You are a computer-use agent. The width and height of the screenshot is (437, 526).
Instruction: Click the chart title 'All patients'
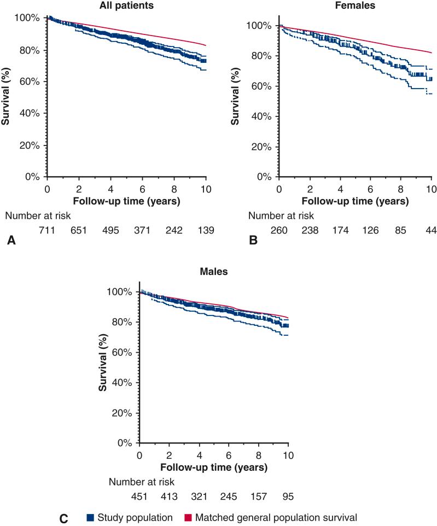tap(127, 6)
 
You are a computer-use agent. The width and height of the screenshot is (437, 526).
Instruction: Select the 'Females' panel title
tap(356, 6)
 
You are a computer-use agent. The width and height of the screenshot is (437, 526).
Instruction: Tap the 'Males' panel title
tap(214, 270)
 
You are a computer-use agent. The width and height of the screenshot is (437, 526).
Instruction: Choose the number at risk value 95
tap(288, 496)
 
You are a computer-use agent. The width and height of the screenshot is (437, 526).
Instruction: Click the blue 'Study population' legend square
tap(90, 517)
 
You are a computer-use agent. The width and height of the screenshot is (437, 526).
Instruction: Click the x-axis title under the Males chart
tap(214, 468)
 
